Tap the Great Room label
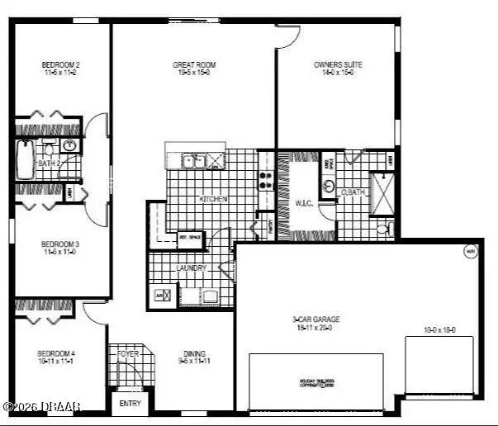(x=195, y=64)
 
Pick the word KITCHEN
(x=213, y=199)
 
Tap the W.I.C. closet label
(x=304, y=201)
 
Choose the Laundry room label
(x=191, y=268)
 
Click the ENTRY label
(x=130, y=404)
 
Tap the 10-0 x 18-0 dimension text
(x=439, y=330)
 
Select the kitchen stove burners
(x=268, y=179)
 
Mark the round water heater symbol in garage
(x=470, y=253)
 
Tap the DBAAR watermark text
(x=41, y=406)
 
